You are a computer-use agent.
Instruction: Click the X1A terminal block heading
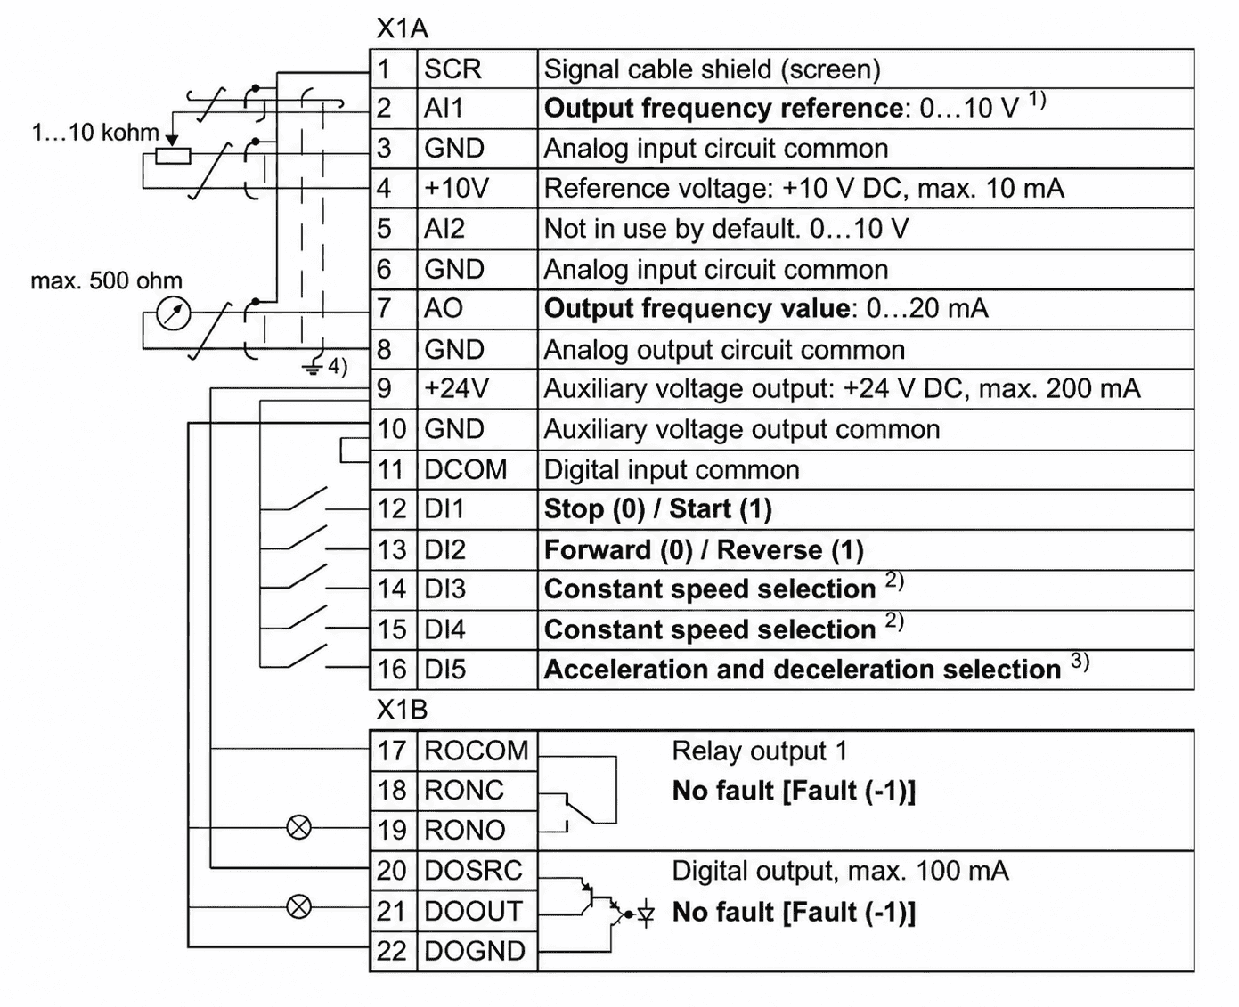pyautogui.click(x=402, y=29)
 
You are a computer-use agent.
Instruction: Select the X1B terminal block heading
pyautogui.click(x=402, y=710)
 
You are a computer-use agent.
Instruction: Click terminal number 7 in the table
pyautogui.click(x=384, y=308)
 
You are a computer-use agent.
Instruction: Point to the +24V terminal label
pyautogui.click(x=457, y=388)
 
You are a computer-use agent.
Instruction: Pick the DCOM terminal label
pyautogui.click(x=465, y=469)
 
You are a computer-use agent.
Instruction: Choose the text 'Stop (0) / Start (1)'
pyautogui.click(x=658, y=509)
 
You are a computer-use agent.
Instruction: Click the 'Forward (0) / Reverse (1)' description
pyautogui.click(x=704, y=550)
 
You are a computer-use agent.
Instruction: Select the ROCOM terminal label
pyautogui.click(x=476, y=751)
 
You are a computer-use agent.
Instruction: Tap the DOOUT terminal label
pyautogui.click(x=473, y=911)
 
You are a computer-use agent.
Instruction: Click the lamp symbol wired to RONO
pyautogui.click(x=299, y=827)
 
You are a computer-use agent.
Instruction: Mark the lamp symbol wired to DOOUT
pyautogui.click(x=299, y=906)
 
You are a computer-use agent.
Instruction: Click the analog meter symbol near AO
pyautogui.click(x=174, y=314)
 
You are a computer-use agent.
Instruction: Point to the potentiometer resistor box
pyautogui.click(x=173, y=157)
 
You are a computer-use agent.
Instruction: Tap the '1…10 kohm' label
pyautogui.click(x=95, y=133)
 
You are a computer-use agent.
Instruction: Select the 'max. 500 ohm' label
pyautogui.click(x=107, y=280)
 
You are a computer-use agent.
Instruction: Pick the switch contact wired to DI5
pyautogui.click(x=306, y=656)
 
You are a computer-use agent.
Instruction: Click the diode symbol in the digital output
pyautogui.click(x=646, y=914)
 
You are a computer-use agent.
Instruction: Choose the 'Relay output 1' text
pyautogui.click(x=759, y=751)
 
